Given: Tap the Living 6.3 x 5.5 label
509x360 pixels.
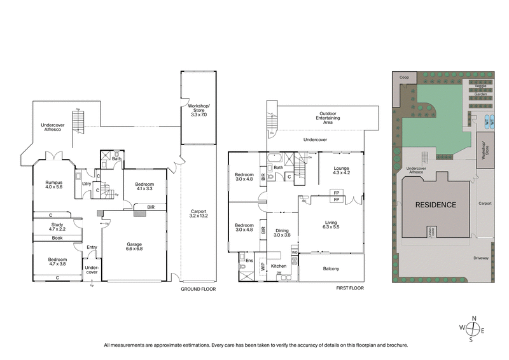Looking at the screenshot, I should (331, 224).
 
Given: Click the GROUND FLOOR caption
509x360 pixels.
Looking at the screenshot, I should (199, 289).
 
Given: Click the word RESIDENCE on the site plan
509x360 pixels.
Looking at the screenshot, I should (436, 205).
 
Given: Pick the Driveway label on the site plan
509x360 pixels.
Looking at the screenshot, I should (481, 258).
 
